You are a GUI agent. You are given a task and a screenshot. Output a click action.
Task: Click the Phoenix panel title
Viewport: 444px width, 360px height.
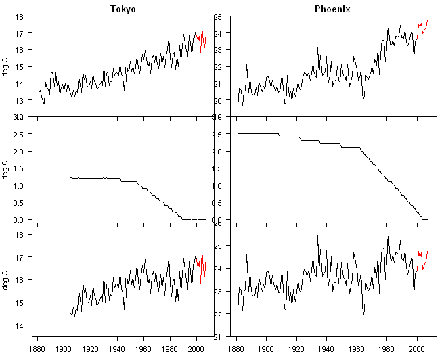coord(332,8)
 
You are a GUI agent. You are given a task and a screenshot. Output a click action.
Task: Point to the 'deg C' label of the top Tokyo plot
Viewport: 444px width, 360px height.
coord(6,66)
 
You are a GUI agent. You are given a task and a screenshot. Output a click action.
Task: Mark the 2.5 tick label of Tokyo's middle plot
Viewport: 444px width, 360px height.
coord(19,134)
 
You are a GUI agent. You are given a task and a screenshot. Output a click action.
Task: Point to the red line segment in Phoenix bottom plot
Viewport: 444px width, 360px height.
coord(423,259)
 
